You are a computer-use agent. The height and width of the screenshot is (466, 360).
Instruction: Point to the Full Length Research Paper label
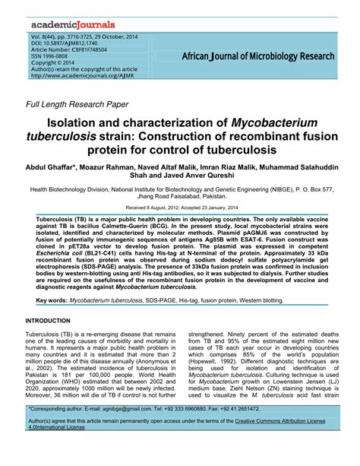click(78, 106)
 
